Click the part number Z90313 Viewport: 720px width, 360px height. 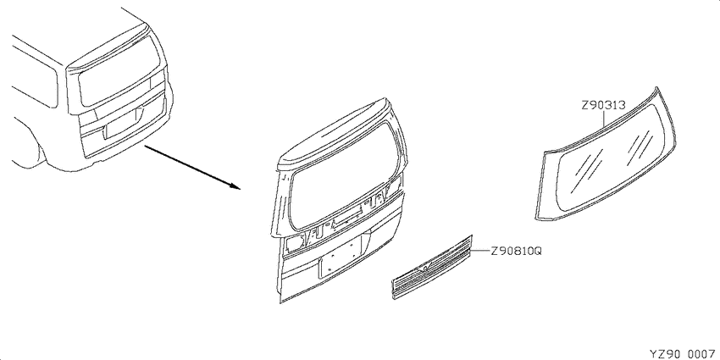603,105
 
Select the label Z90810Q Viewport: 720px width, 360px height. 517,252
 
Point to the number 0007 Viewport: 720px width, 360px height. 702,354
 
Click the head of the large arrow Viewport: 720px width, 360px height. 235,186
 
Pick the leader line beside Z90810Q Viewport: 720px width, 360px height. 480,252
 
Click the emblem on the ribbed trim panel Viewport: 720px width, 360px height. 424,269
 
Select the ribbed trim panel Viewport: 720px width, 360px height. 432,267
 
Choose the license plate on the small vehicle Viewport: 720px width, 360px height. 121,124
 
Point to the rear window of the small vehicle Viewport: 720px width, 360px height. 119,71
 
